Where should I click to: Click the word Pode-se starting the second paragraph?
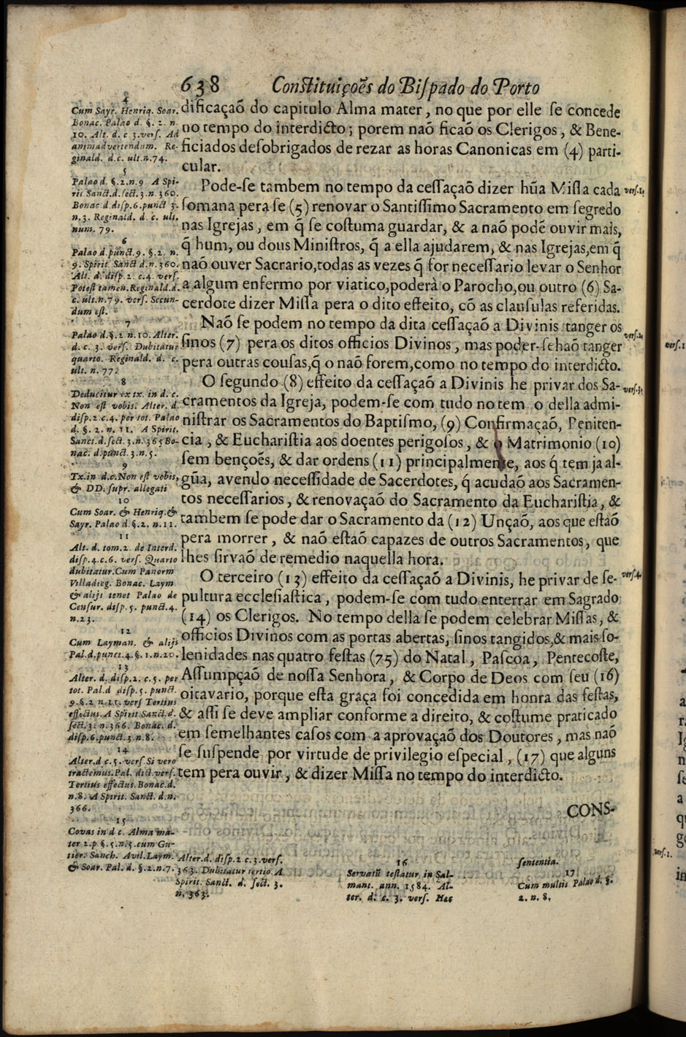[231, 185]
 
